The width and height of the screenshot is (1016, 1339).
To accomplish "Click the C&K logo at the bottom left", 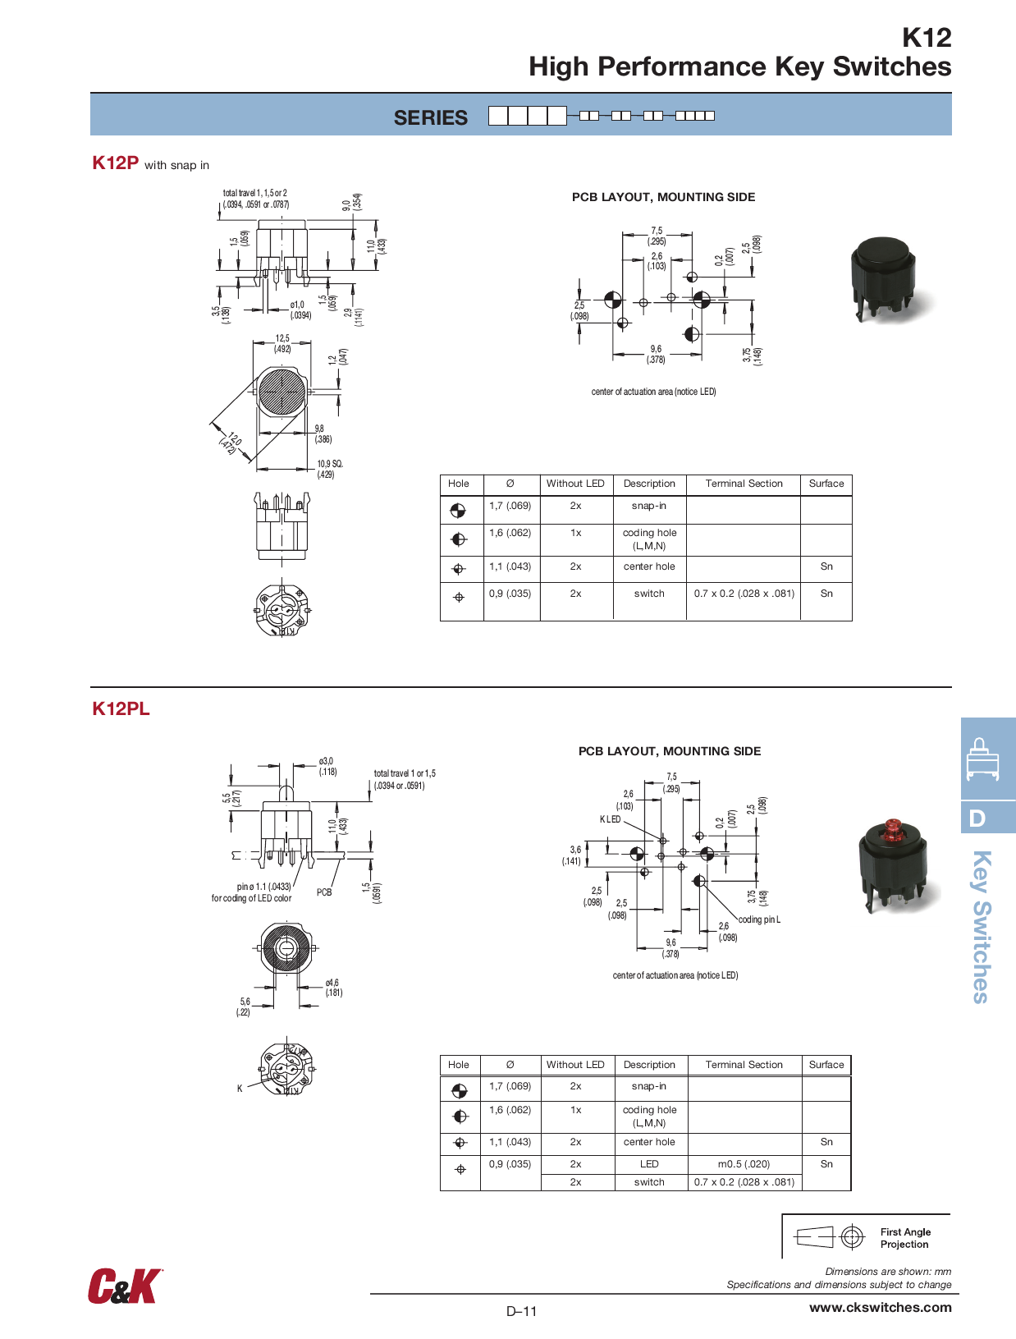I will point(125,1286).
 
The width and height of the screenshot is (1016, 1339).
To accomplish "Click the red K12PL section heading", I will point(121,708).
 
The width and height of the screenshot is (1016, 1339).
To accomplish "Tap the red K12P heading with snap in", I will point(116,163).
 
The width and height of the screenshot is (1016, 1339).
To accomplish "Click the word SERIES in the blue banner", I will point(430,117).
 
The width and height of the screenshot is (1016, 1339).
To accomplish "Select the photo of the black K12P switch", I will point(884,278).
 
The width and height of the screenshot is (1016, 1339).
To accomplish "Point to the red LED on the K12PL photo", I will point(893,828).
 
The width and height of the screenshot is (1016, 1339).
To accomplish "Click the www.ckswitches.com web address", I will point(880,1307).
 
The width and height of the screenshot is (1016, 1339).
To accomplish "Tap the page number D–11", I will point(521,1311).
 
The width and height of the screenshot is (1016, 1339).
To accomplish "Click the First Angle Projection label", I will point(905,1238).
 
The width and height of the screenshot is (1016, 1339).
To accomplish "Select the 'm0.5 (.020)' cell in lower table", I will point(744,1164).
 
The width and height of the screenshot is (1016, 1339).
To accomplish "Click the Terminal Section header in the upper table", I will point(744,484).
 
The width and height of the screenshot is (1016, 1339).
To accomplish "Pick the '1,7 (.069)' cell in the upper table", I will point(510,506).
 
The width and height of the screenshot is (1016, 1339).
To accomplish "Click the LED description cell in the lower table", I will point(649,1164).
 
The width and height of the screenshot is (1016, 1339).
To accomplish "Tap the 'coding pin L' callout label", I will point(759,919).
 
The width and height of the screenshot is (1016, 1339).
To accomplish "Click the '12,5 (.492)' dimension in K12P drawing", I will point(282,343).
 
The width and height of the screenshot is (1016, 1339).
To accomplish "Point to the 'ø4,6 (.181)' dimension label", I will point(333,988).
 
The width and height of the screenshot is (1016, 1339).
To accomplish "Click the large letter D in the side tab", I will point(977,818).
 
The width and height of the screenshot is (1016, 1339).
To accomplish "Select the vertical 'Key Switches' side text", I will point(982,926).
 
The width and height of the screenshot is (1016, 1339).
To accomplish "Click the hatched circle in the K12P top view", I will point(281,392).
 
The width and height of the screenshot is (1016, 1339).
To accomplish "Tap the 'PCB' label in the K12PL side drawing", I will point(324,892).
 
